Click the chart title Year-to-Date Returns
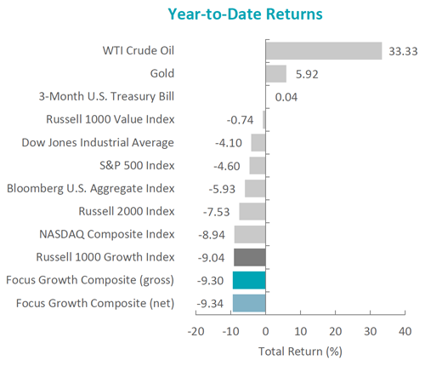pyautogui.click(x=245, y=14)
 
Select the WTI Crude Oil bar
pyautogui.click(x=324, y=51)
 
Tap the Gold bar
pyautogui.click(x=276, y=74)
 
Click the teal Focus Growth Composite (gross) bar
pyautogui.click(x=249, y=280)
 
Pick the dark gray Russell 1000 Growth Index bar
pyautogui.click(x=250, y=257)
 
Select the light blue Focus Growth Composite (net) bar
pyautogui.click(x=249, y=303)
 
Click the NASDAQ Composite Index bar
pyautogui.click(x=250, y=234)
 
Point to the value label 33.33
pyautogui.click(x=403, y=51)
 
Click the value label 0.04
pyautogui.click(x=286, y=97)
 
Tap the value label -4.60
pyautogui.click(x=227, y=166)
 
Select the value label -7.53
pyautogui.click(x=216, y=212)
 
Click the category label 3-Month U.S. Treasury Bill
pyautogui.click(x=106, y=96)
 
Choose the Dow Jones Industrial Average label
pyautogui.click(x=98, y=142)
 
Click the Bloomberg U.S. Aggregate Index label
pyautogui.click(x=91, y=189)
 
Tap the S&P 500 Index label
pyautogui.click(x=137, y=165)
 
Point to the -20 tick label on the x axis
pyautogui.click(x=195, y=331)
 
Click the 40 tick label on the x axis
pyautogui.click(x=405, y=331)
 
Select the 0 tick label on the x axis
pyautogui.click(x=265, y=331)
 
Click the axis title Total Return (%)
pyautogui.click(x=300, y=352)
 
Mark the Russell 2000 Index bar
pyautogui.click(x=252, y=211)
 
